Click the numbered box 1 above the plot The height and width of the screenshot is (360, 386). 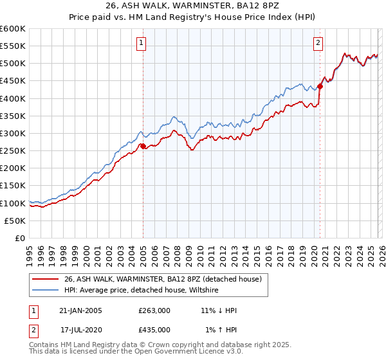tap(141, 43)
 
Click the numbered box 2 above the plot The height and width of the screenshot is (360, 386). tap(318, 43)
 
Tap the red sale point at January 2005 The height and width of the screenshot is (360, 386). tap(143, 146)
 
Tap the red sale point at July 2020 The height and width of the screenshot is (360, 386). tap(320, 86)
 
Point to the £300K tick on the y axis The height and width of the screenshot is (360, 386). tap(14, 133)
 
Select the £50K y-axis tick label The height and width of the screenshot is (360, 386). tap(15, 221)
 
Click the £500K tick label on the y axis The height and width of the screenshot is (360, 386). tap(14, 63)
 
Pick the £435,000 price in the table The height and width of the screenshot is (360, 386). tap(154, 329)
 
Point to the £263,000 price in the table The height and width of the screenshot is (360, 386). tap(154, 310)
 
